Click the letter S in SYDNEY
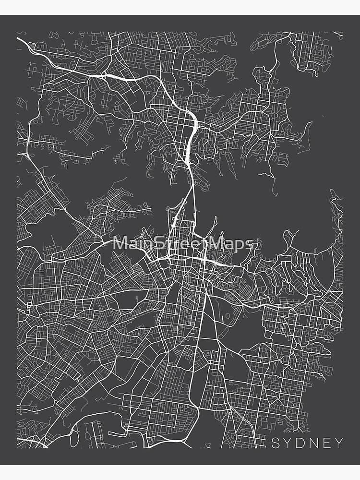(x=276, y=443)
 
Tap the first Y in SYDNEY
(x=288, y=443)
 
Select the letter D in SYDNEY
(x=301, y=443)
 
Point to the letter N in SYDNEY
(x=314, y=443)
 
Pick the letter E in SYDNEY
(x=327, y=443)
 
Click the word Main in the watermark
(x=132, y=243)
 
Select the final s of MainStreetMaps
(x=249, y=244)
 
